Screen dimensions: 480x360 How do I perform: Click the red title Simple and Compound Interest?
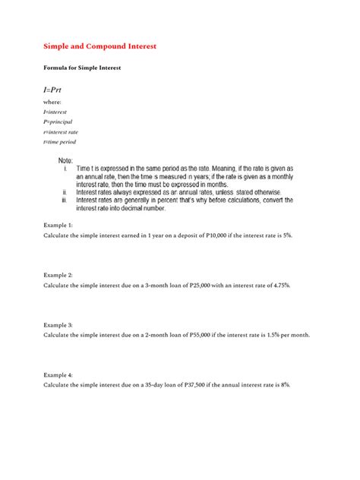tap(100, 46)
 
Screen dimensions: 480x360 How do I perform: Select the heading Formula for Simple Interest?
tap(83, 68)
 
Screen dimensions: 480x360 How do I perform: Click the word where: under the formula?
tap(52, 101)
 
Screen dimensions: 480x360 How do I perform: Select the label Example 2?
tap(58, 274)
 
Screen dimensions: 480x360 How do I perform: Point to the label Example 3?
tap(58, 325)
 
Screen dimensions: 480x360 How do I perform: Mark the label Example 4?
tap(58, 375)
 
